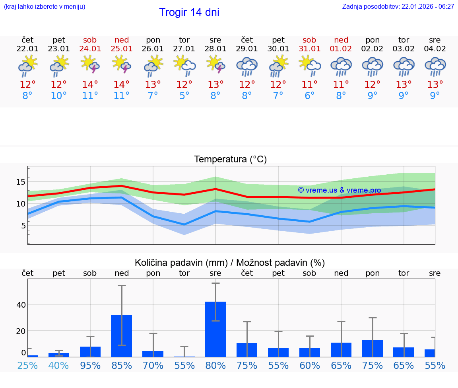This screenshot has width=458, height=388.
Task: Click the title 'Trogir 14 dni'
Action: (x=189, y=12)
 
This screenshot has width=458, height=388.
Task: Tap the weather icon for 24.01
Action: (x=90, y=65)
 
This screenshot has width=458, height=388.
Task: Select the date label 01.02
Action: (x=341, y=49)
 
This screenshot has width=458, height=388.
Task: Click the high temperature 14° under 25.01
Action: (x=121, y=85)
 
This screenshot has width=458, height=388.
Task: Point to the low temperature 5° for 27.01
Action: (x=184, y=96)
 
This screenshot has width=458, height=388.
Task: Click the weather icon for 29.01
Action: (x=247, y=66)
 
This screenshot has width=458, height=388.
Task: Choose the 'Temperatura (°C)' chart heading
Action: (x=230, y=160)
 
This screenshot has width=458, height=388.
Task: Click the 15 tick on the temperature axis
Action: (x=21, y=182)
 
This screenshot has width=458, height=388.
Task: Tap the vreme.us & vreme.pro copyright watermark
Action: (x=339, y=190)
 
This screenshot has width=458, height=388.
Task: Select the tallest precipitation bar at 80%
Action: (x=215, y=329)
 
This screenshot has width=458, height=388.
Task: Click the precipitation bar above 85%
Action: (x=121, y=336)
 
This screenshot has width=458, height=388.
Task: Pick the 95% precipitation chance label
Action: (x=90, y=365)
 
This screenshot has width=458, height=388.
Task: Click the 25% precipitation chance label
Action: (x=27, y=365)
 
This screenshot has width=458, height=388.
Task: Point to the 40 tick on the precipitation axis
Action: (x=21, y=305)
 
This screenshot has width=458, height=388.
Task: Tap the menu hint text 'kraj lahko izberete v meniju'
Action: (x=44, y=7)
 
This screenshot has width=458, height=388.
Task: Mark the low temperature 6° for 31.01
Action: (x=309, y=96)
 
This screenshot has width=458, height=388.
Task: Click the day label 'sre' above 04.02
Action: (x=435, y=40)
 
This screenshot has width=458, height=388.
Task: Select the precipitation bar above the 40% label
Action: (x=59, y=355)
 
